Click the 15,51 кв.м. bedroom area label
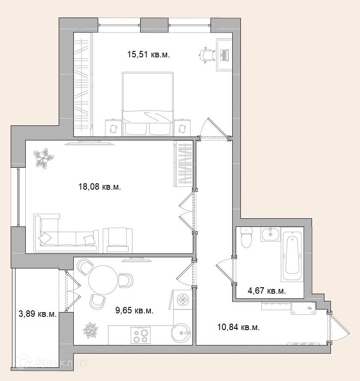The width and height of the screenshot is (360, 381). point(148,54)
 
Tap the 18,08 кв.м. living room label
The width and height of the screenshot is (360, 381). point(99,187)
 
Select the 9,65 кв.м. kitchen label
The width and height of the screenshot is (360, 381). point(134,310)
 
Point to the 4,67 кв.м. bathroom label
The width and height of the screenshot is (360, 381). point(267,291)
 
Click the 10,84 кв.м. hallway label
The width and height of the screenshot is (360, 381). point(238,327)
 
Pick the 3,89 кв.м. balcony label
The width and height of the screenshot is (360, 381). point(37,314)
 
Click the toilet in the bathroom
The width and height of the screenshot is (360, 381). point(246,238)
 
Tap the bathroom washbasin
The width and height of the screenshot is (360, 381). point(270,234)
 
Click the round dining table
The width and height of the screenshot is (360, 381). point(103,280)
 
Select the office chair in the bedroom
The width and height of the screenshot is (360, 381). point(207,55)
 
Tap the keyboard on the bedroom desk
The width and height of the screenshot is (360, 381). point(224,55)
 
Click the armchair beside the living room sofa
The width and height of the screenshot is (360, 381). point(118,240)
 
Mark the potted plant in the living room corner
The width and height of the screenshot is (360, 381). point(44,158)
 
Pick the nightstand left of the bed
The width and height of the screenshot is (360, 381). point(113,128)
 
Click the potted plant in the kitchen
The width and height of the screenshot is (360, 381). point(90,330)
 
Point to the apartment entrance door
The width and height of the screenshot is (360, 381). point(339,327)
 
